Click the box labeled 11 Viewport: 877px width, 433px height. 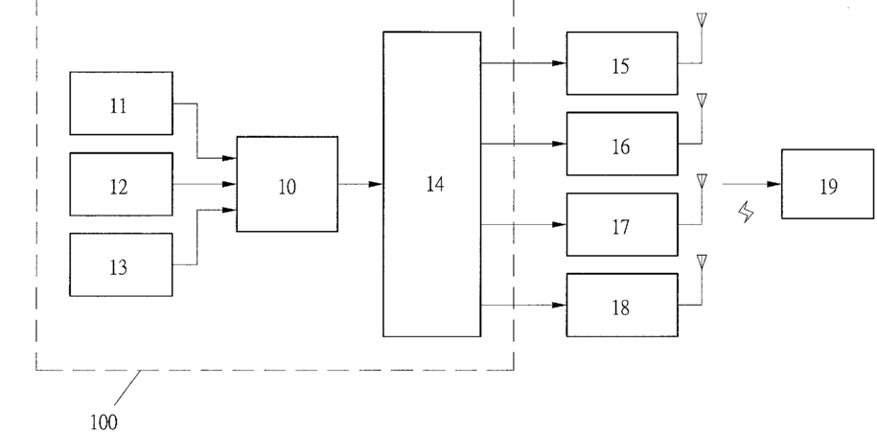click(x=121, y=103)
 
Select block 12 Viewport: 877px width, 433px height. click(x=121, y=184)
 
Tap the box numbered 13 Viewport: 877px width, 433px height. click(x=121, y=264)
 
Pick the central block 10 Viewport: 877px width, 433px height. click(x=287, y=184)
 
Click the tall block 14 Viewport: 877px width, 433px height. click(x=431, y=184)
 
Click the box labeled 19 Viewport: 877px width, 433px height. click(x=827, y=184)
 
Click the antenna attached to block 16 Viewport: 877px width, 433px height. click(x=702, y=100)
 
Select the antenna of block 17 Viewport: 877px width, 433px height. click(x=702, y=180)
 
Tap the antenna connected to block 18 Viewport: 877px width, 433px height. click(x=702, y=261)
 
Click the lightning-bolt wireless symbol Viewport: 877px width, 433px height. click(x=745, y=213)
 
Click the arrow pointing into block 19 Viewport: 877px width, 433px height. click(x=751, y=184)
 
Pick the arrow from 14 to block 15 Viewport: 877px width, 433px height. click(x=522, y=63)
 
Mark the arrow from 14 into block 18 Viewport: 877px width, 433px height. click(x=522, y=305)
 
